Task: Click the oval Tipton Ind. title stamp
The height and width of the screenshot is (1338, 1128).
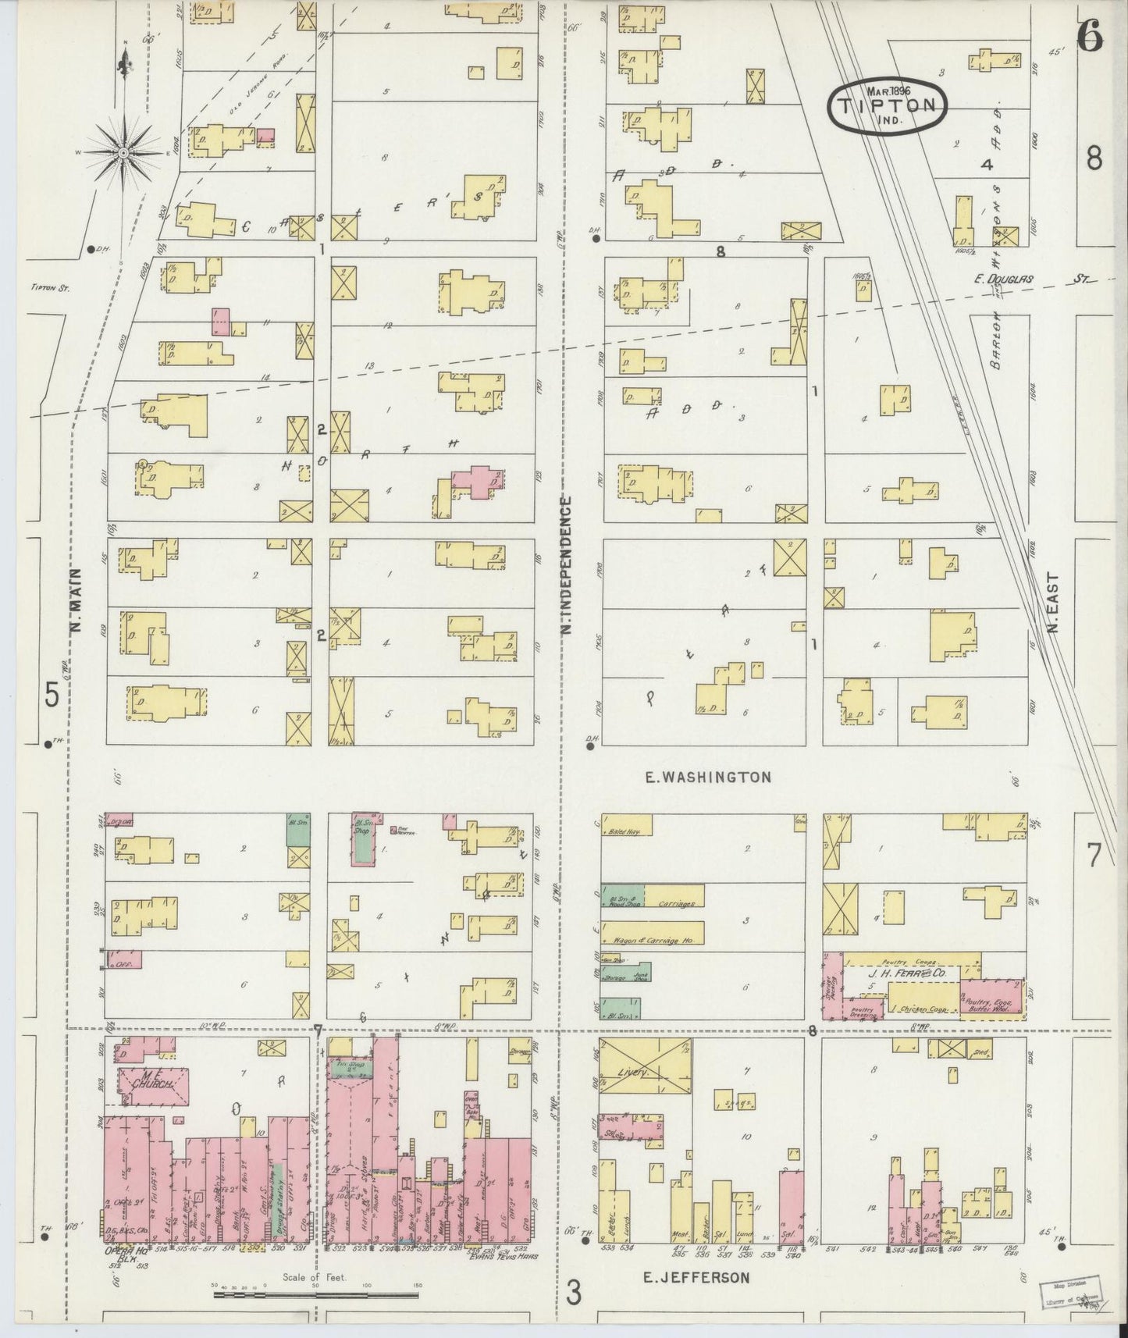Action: [888, 107]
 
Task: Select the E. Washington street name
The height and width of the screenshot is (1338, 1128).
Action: [708, 778]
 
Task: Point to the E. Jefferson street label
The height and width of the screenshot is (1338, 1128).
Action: [696, 1278]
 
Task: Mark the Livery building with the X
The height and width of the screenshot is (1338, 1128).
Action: [645, 1073]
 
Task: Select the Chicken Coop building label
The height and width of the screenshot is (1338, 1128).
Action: [923, 1009]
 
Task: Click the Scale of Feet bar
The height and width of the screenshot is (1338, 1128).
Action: [316, 1296]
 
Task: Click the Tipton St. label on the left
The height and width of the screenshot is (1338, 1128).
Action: [50, 287]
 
